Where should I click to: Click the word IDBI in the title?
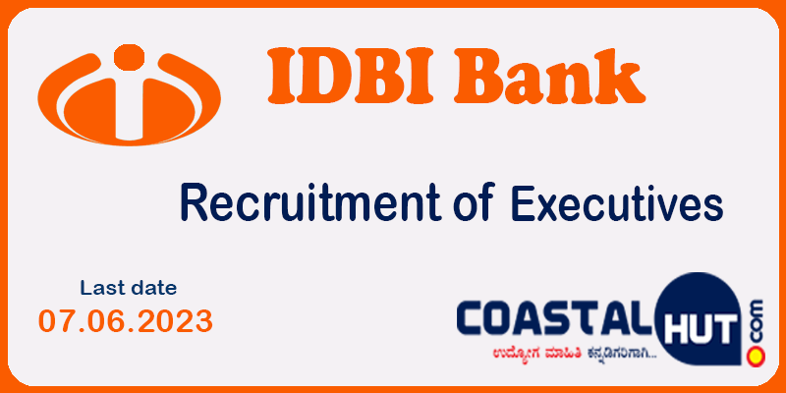click(349, 76)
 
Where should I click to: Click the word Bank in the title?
click(549, 76)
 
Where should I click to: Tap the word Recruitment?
click(310, 202)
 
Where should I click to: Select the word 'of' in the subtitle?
click(474, 202)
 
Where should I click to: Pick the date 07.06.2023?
click(126, 321)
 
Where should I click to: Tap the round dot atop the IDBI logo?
click(130, 57)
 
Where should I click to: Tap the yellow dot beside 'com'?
click(756, 356)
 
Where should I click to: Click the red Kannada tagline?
click(573, 355)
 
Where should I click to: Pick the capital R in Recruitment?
click(194, 202)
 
